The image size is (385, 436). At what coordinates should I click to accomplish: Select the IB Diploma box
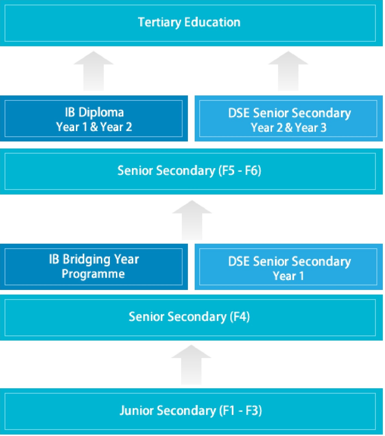click(94, 119)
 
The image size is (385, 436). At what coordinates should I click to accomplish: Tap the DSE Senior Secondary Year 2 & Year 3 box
click(288, 119)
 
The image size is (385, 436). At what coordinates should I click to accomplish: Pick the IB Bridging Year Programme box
click(94, 267)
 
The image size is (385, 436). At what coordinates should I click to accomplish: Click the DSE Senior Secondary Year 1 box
click(288, 267)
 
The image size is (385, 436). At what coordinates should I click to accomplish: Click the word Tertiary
click(159, 22)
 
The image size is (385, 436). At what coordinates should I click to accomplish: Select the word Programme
click(93, 274)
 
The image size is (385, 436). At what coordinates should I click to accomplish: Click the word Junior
click(137, 411)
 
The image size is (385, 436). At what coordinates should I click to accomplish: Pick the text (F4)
click(240, 317)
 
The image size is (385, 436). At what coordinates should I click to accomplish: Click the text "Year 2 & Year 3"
click(288, 128)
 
